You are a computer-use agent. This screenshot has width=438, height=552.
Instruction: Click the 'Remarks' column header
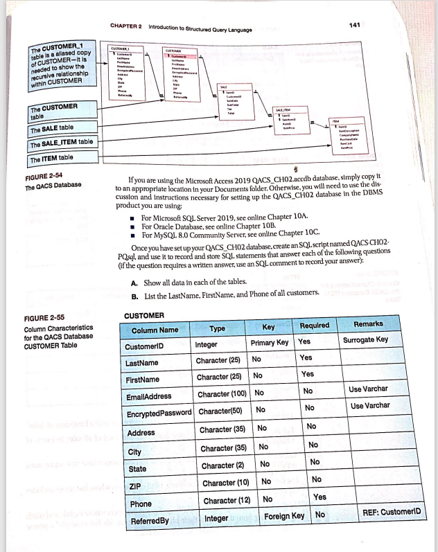click(372, 323)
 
